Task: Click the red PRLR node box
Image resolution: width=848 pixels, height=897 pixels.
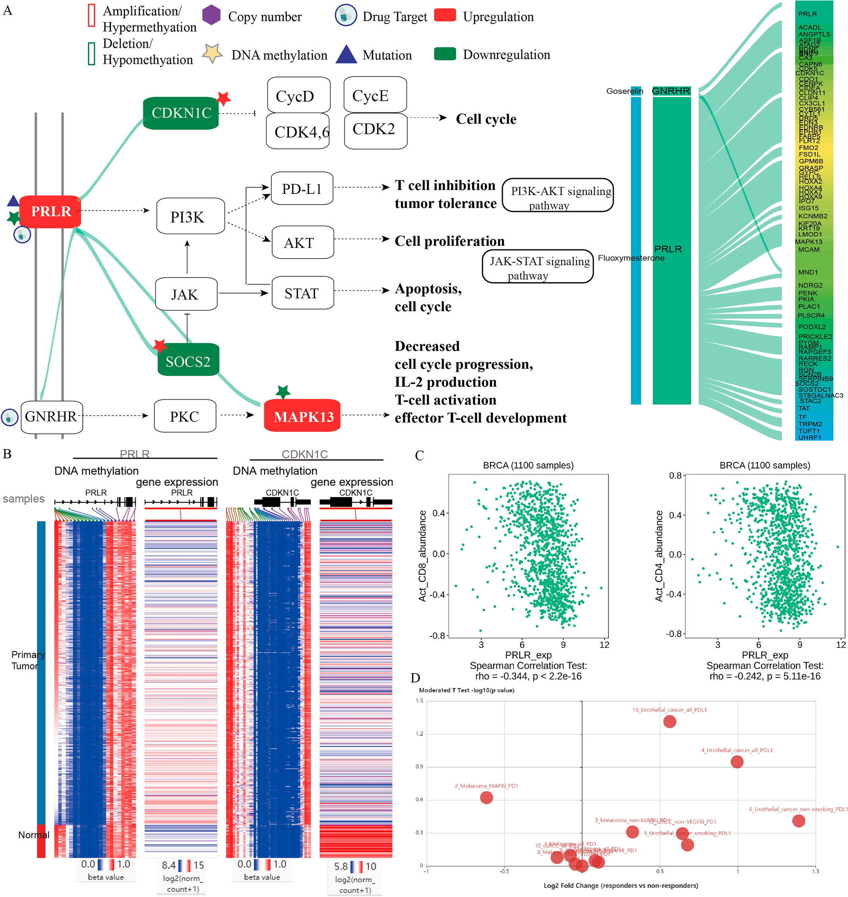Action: (x=50, y=211)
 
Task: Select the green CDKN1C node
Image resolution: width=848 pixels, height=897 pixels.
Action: (x=181, y=113)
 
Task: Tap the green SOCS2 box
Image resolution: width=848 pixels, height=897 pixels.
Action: (x=188, y=361)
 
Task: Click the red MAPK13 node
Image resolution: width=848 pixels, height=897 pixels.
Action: (x=303, y=416)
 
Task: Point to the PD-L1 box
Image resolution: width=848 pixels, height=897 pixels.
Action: (x=302, y=188)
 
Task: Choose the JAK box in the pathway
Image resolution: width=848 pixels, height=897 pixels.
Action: (x=186, y=294)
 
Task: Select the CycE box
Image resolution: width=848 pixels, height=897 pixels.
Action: (x=375, y=95)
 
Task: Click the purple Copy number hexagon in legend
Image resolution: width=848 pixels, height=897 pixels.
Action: (x=211, y=15)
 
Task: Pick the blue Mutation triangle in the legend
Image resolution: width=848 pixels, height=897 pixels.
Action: (x=346, y=54)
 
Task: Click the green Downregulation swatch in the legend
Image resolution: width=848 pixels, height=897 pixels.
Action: (x=445, y=54)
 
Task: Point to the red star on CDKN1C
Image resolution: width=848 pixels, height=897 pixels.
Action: (x=223, y=98)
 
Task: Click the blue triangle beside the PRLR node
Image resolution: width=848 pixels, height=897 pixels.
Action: (x=13, y=201)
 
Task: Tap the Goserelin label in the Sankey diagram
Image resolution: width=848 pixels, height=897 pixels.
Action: (x=624, y=91)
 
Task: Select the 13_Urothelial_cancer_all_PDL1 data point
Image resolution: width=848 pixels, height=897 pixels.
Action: (x=669, y=721)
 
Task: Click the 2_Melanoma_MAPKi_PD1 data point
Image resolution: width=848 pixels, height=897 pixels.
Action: (x=486, y=798)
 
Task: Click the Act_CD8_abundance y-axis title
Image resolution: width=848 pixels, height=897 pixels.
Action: (x=423, y=556)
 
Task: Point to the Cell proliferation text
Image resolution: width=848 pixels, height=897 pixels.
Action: (x=449, y=241)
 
